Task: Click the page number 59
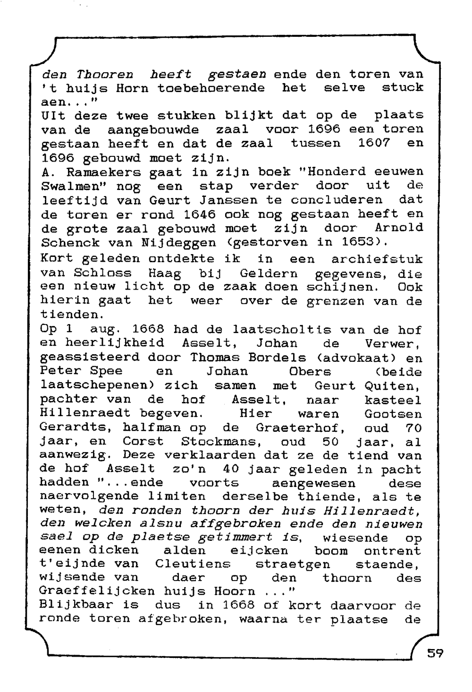coord(435,653)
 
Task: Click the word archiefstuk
coord(377,259)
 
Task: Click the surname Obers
coord(310,372)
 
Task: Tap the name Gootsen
coord(393,414)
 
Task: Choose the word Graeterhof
coord(300,428)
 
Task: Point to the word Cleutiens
coord(193,564)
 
